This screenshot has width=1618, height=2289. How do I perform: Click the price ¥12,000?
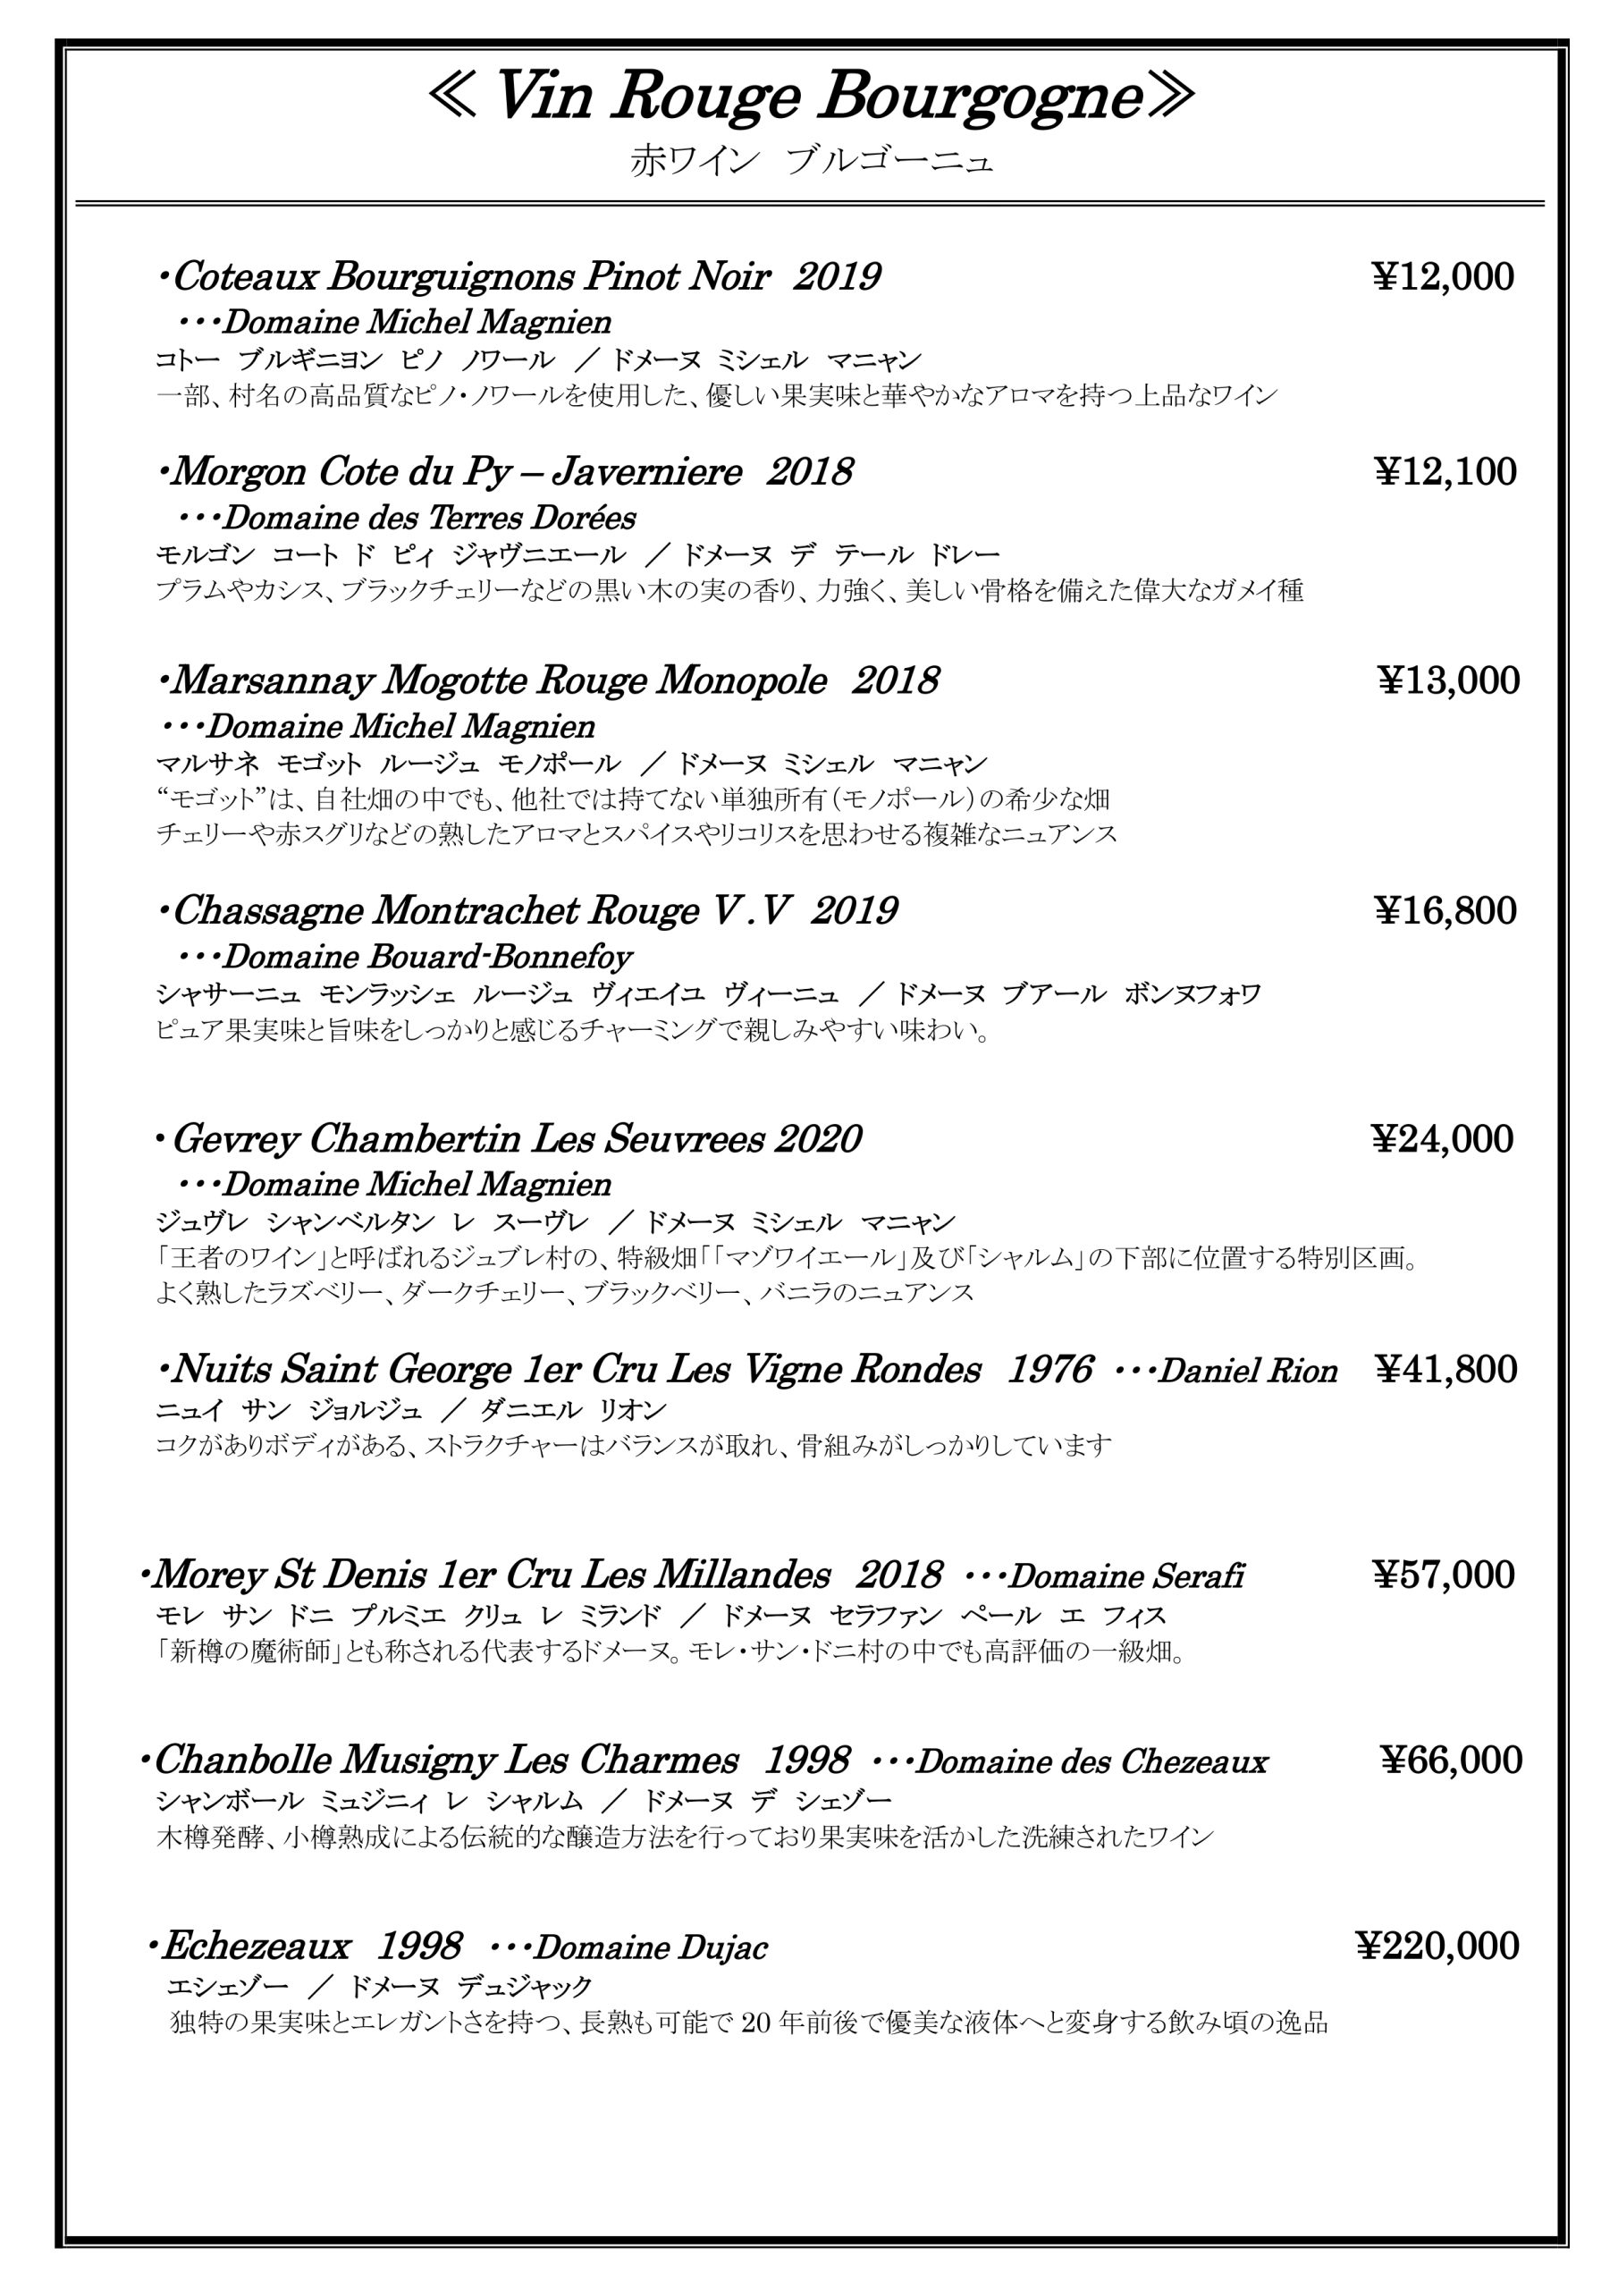pyautogui.click(x=1444, y=277)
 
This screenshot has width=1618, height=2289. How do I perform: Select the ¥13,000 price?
pyautogui.click(x=1448, y=681)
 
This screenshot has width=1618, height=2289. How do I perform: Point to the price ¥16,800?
pyautogui.click(x=1445, y=910)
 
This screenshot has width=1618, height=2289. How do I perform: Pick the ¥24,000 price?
pyautogui.click(x=1442, y=1138)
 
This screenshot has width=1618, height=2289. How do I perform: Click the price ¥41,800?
pyautogui.click(x=1445, y=1370)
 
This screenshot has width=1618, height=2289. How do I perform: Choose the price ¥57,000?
pyautogui.click(x=1443, y=1575)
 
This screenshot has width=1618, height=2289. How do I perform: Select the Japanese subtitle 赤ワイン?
pyautogui.click(x=694, y=162)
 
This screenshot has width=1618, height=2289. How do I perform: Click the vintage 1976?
pyautogui.click(x=1049, y=1370)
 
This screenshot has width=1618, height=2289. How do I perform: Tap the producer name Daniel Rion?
pyautogui.click(x=1247, y=1372)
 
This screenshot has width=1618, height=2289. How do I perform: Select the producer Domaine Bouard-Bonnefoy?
pyautogui.click(x=426, y=957)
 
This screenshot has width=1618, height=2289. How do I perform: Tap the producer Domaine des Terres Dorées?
pyautogui.click(x=429, y=519)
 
